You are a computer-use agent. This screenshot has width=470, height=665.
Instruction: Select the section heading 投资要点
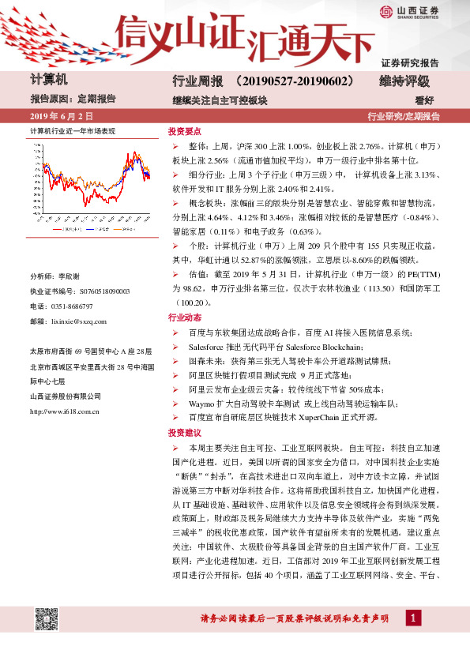[185, 132]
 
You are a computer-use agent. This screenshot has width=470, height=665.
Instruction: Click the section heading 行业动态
[185, 317]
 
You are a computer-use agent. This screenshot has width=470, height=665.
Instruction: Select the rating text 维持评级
[404, 81]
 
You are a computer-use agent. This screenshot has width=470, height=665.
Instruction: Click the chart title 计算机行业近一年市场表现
[73, 131]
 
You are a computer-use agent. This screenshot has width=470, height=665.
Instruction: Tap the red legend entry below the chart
[62, 231]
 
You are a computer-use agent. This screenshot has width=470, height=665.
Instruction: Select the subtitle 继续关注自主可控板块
[220, 100]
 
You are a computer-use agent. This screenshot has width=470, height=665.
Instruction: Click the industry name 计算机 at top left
[49, 81]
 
